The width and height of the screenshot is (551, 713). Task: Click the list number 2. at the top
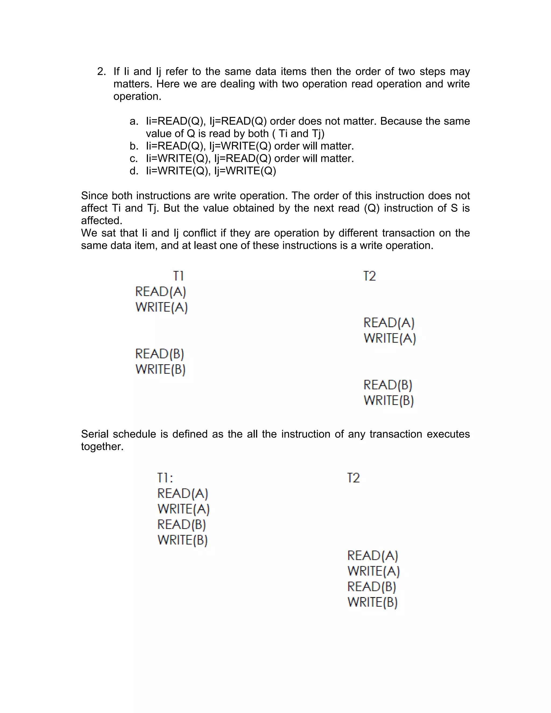pos(101,72)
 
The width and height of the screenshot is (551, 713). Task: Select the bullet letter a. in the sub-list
pos(133,121)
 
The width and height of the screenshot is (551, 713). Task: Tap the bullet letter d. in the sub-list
pos(133,171)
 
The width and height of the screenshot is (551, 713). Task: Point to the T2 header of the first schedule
pos(369,276)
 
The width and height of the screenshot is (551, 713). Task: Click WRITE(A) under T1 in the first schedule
pos(162,307)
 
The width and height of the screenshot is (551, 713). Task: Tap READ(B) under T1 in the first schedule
pos(160,354)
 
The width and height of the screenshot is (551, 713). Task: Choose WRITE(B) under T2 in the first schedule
pos(389,400)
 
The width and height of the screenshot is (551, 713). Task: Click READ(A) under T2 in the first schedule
pos(389,323)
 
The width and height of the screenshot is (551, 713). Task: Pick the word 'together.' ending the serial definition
pos(102,447)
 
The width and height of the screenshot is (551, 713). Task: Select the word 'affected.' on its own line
pos(101,221)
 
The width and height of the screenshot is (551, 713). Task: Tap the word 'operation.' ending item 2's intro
pos(137,97)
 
